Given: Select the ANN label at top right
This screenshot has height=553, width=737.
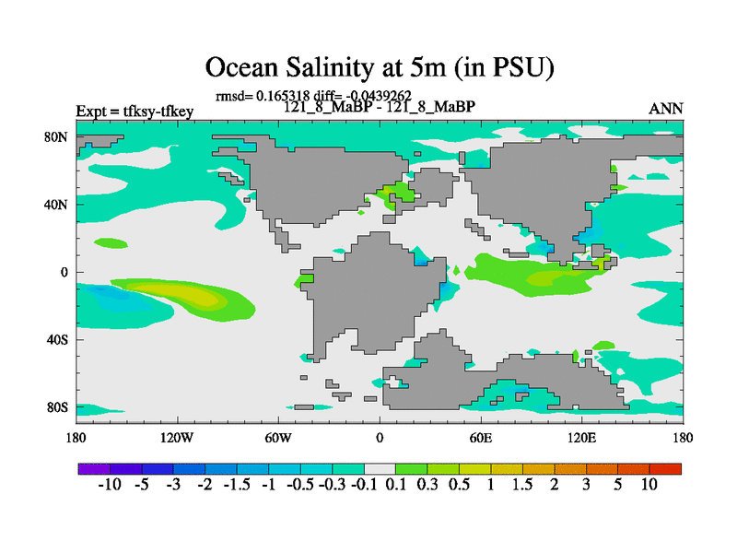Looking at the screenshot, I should [666, 109].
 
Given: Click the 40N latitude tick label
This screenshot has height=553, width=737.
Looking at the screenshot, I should [58, 204].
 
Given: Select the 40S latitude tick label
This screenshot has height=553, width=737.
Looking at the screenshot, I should [58, 339].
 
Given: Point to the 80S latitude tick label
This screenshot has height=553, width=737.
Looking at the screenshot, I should [58, 407].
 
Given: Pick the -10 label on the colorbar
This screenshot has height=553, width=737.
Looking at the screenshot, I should [111, 485].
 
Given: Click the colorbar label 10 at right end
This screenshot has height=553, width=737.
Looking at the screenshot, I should [649, 485].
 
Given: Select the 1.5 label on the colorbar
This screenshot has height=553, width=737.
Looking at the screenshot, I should [522, 485].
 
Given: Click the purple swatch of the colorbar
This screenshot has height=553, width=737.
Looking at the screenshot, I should [94, 469].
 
